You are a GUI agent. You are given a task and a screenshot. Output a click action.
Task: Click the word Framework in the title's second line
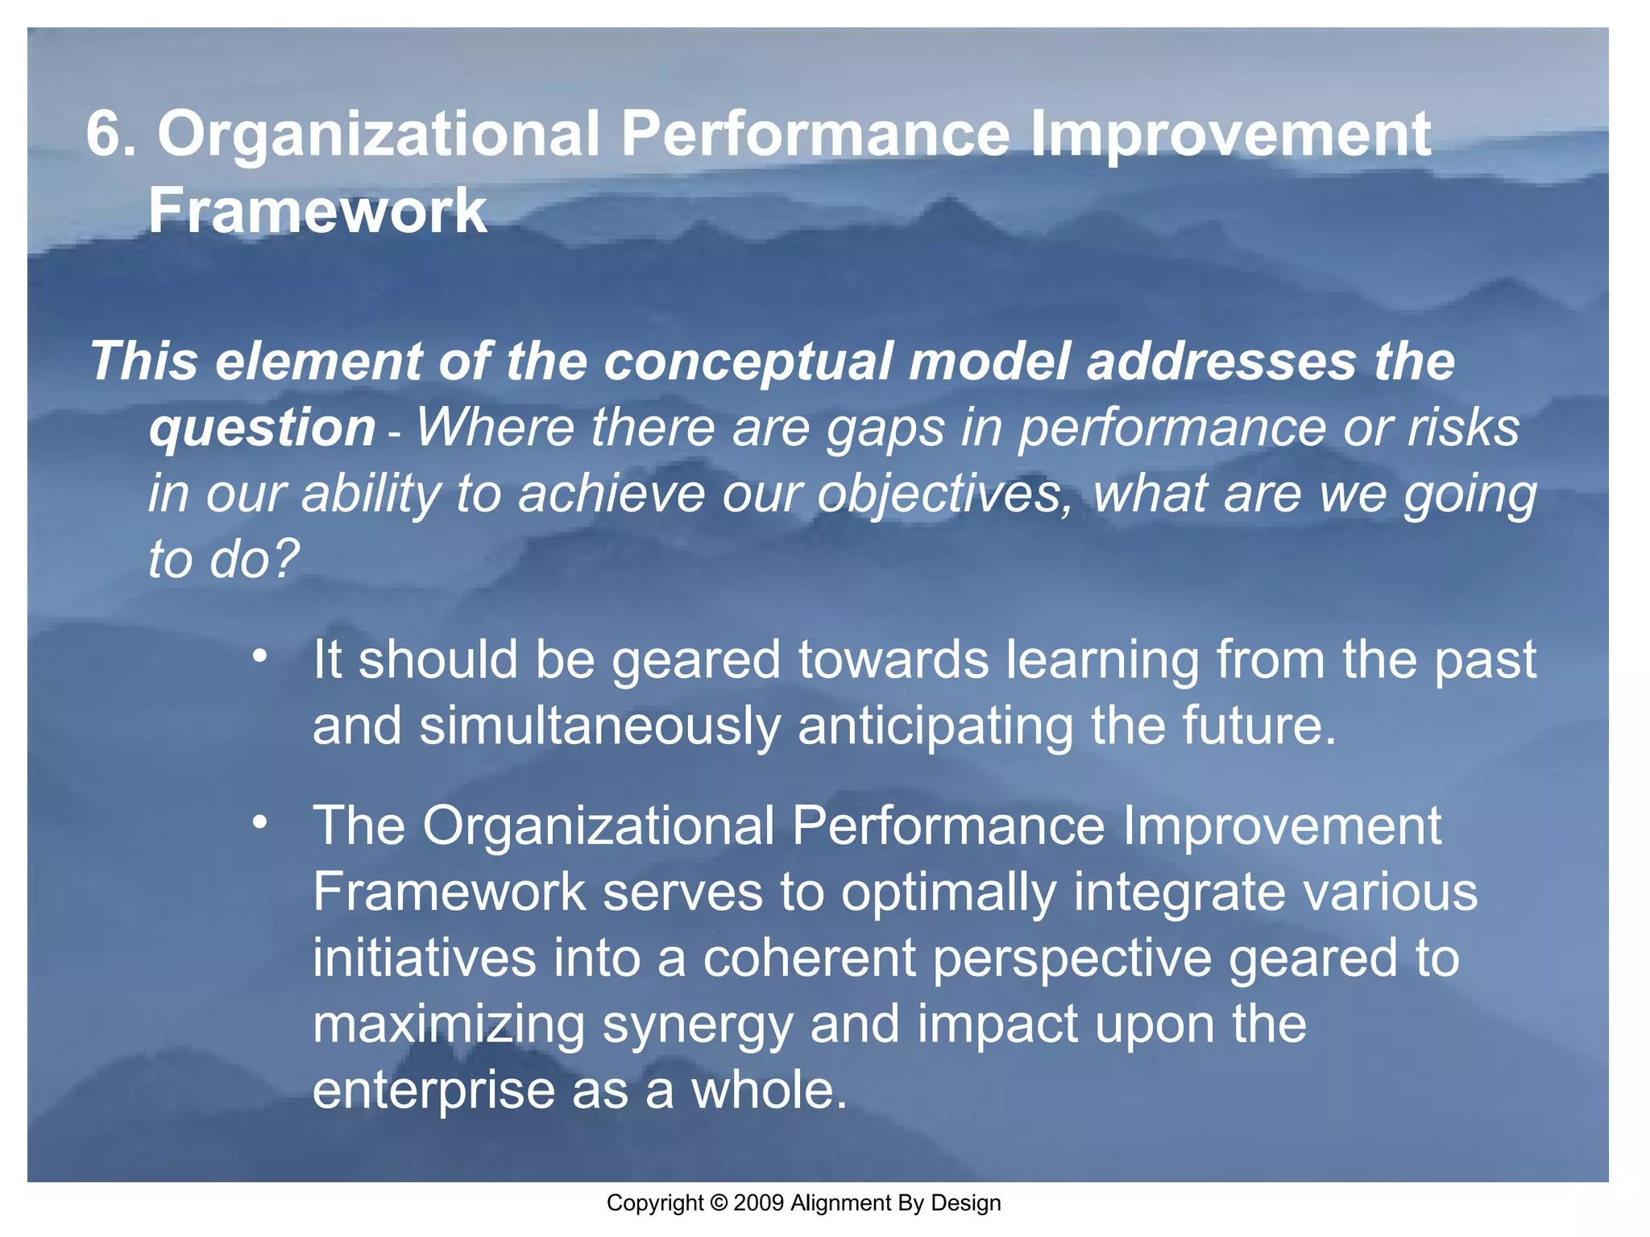(x=318, y=211)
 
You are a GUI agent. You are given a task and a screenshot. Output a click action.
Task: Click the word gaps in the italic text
(x=885, y=428)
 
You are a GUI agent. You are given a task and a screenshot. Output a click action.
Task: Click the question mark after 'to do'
(x=286, y=558)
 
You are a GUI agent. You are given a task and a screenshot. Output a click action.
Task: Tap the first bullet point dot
(x=259, y=657)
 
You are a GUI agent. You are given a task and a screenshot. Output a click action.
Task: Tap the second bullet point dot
(x=259, y=823)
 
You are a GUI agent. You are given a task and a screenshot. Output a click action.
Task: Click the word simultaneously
(x=599, y=726)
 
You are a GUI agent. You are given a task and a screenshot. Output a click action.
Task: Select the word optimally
(x=949, y=892)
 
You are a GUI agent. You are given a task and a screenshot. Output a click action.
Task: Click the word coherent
(x=809, y=958)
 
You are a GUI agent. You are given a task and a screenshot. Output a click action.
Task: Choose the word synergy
(x=698, y=1025)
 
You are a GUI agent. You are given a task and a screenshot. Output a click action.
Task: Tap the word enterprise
(x=433, y=1091)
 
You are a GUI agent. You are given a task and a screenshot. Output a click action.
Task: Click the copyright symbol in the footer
(x=719, y=1203)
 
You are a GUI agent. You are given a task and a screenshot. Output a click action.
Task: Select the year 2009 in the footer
(x=759, y=1203)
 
